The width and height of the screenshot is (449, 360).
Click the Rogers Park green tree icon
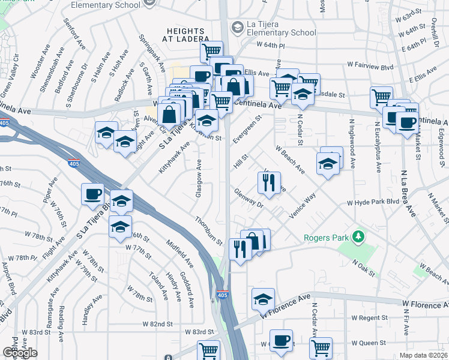point(358,237)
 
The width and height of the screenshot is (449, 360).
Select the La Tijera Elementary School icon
point(237,27)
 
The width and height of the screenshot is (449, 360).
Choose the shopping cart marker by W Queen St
point(321,347)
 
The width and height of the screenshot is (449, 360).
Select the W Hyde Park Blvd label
point(373,203)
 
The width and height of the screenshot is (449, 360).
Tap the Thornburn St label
point(208,230)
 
